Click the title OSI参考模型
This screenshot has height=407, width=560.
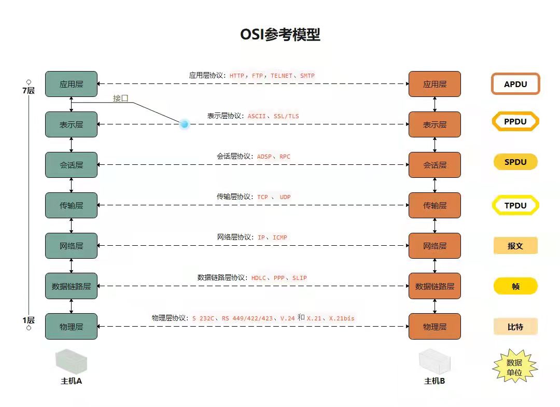(280, 35)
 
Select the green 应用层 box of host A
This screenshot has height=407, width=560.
(71, 84)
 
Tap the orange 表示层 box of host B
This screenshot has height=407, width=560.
(435, 124)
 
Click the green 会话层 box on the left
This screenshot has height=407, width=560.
(71, 165)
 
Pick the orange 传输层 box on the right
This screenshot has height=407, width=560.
(435, 205)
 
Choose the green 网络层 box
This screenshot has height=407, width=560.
(71, 246)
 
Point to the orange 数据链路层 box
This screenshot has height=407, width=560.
(435, 286)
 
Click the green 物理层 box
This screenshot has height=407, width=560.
(71, 327)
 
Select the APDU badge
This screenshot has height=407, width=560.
(515, 84)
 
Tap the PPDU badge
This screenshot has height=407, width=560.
(515, 122)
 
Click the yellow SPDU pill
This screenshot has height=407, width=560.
(515, 162)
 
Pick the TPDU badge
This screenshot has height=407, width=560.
(515, 205)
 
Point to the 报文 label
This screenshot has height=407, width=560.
(515, 246)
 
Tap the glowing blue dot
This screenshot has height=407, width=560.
(184, 124)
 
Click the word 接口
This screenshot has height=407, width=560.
(121, 98)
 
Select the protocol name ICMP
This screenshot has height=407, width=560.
(280, 237)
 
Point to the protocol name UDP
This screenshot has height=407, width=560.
(285, 197)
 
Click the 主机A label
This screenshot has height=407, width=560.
(72, 381)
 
